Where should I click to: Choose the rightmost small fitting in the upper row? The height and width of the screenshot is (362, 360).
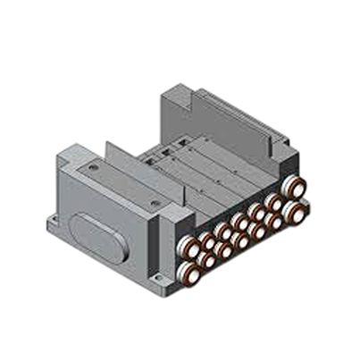pos(275,203)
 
